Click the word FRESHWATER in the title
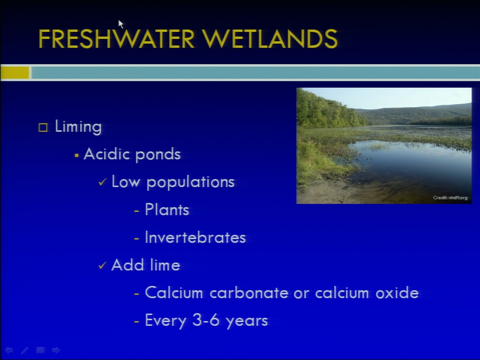click(x=116, y=38)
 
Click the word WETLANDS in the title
click(x=269, y=38)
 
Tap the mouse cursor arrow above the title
click(x=120, y=24)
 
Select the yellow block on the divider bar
click(x=14, y=73)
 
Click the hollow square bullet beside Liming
click(x=43, y=127)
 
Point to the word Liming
click(x=78, y=127)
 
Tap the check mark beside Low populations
click(x=102, y=182)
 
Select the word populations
click(x=190, y=182)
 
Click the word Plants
click(x=167, y=209)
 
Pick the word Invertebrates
click(x=195, y=237)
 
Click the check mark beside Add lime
click(x=102, y=265)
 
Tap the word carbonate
click(x=249, y=293)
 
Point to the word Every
click(x=165, y=321)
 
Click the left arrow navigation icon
click(x=8, y=350)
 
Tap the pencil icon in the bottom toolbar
click(x=24, y=350)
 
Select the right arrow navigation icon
click(x=56, y=350)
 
